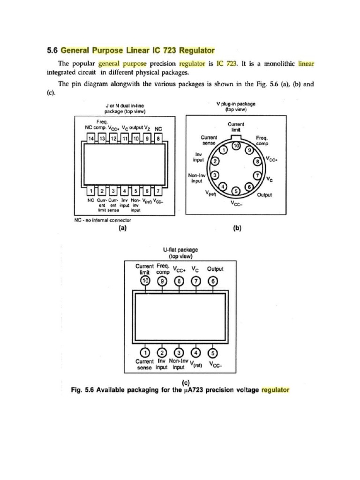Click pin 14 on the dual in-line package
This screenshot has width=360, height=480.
(91, 139)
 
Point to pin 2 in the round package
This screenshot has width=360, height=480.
(216, 161)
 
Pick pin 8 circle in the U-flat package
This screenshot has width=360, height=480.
(179, 281)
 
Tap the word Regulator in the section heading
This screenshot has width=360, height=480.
(195, 50)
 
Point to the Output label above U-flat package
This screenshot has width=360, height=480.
(215, 269)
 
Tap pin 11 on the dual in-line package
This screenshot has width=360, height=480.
(125, 139)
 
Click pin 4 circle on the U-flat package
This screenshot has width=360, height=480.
(196, 352)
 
